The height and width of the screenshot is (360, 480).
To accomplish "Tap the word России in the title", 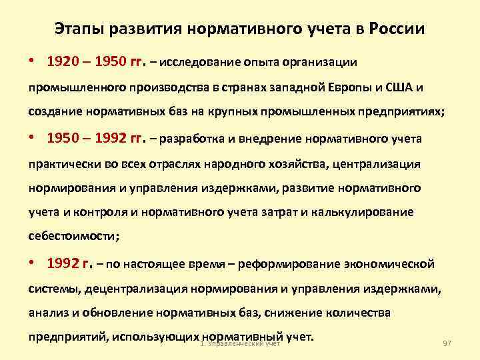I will (399, 30).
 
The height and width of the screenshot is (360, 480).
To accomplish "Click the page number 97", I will (447, 343).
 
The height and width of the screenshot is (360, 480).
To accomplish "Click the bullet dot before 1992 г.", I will (33, 263).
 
